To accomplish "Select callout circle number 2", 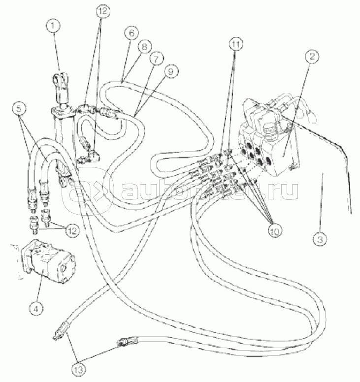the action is (x=312, y=56).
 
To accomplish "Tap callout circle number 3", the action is (x=320, y=239).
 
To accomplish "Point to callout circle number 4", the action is (x=36, y=309).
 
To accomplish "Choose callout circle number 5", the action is (x=18, y=109).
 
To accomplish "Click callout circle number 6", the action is (x=131, y=33).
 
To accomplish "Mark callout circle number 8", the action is (x=144, y=46).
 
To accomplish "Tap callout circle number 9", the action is (x=171, y=71).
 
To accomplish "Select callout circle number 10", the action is (x=274, y=231).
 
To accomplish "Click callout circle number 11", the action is (x=235, y=44).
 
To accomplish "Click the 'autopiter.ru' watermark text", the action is (x=210, y=191).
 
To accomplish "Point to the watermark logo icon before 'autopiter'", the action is (x=88, y=190).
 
